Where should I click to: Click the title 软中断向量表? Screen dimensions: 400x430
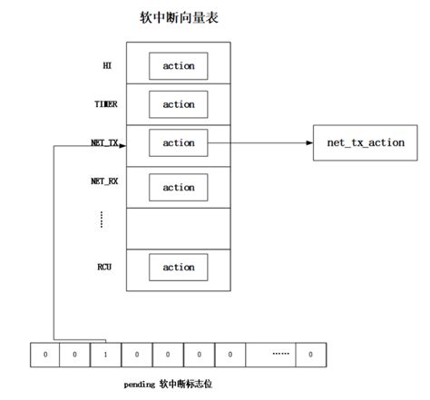[x=178, y=18]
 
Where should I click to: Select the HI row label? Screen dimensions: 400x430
[x=106, y=65]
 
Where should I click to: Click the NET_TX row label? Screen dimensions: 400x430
[x=104, y=143]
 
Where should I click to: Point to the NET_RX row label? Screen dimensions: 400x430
[x=104, y=182]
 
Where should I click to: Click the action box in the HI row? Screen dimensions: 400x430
[x=178, y=65]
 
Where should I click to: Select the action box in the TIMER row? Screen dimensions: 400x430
[x=178, y=104]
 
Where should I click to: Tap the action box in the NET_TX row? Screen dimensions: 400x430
[x=178, y=143]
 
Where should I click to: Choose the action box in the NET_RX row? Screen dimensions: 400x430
[x=178, y=188]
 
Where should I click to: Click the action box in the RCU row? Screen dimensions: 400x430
[x=178, y=268]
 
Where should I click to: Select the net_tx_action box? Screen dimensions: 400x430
[x=366, y=143]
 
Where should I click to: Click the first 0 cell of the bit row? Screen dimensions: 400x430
[x=46, y=354]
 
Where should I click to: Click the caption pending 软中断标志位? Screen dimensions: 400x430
[x=169, y=384]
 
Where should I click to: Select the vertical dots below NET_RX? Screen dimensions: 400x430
[x=102, y=220]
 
